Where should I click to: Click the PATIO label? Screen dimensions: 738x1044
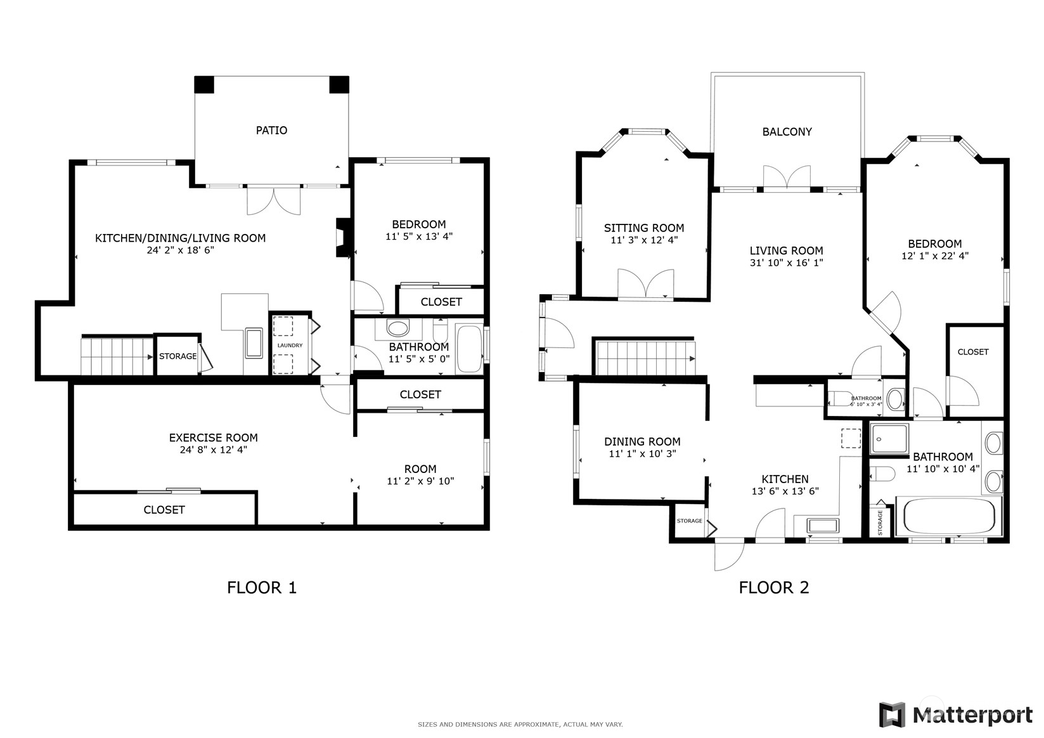(x=271, y=130)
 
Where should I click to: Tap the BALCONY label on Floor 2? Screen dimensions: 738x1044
(x=787, y=132)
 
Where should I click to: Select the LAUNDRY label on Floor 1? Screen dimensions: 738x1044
(x=290, y=346)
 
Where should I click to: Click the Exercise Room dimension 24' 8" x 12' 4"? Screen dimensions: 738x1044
(x=213, y=450)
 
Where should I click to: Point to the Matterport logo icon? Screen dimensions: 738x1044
(x=892, y=715)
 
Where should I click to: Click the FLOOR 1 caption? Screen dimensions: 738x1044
(x=261, y=588)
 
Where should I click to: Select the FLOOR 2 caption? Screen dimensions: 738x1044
(x=773, y=588)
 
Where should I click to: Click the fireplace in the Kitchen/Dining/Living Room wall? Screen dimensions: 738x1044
(x=343, y=238)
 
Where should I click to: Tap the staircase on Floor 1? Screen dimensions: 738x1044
(x=117, y=356)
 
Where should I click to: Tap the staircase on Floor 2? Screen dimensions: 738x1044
(x=644, y=358)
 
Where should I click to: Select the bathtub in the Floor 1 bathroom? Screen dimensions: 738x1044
(x=469, y=349)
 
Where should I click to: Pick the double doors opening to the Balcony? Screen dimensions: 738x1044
(x=787, y=178)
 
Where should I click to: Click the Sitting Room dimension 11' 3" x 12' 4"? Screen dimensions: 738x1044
(x=644, y=240)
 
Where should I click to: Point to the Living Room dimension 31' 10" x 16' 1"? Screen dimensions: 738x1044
(x=786, y=262)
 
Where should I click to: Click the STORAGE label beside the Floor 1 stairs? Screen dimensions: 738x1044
(x=177, y=356)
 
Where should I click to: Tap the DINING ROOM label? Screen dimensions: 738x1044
(x=642, y=441)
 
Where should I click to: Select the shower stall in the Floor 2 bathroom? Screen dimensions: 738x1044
(x=889, y=438)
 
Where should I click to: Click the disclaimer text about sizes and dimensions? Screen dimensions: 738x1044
(x=520, y=724)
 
